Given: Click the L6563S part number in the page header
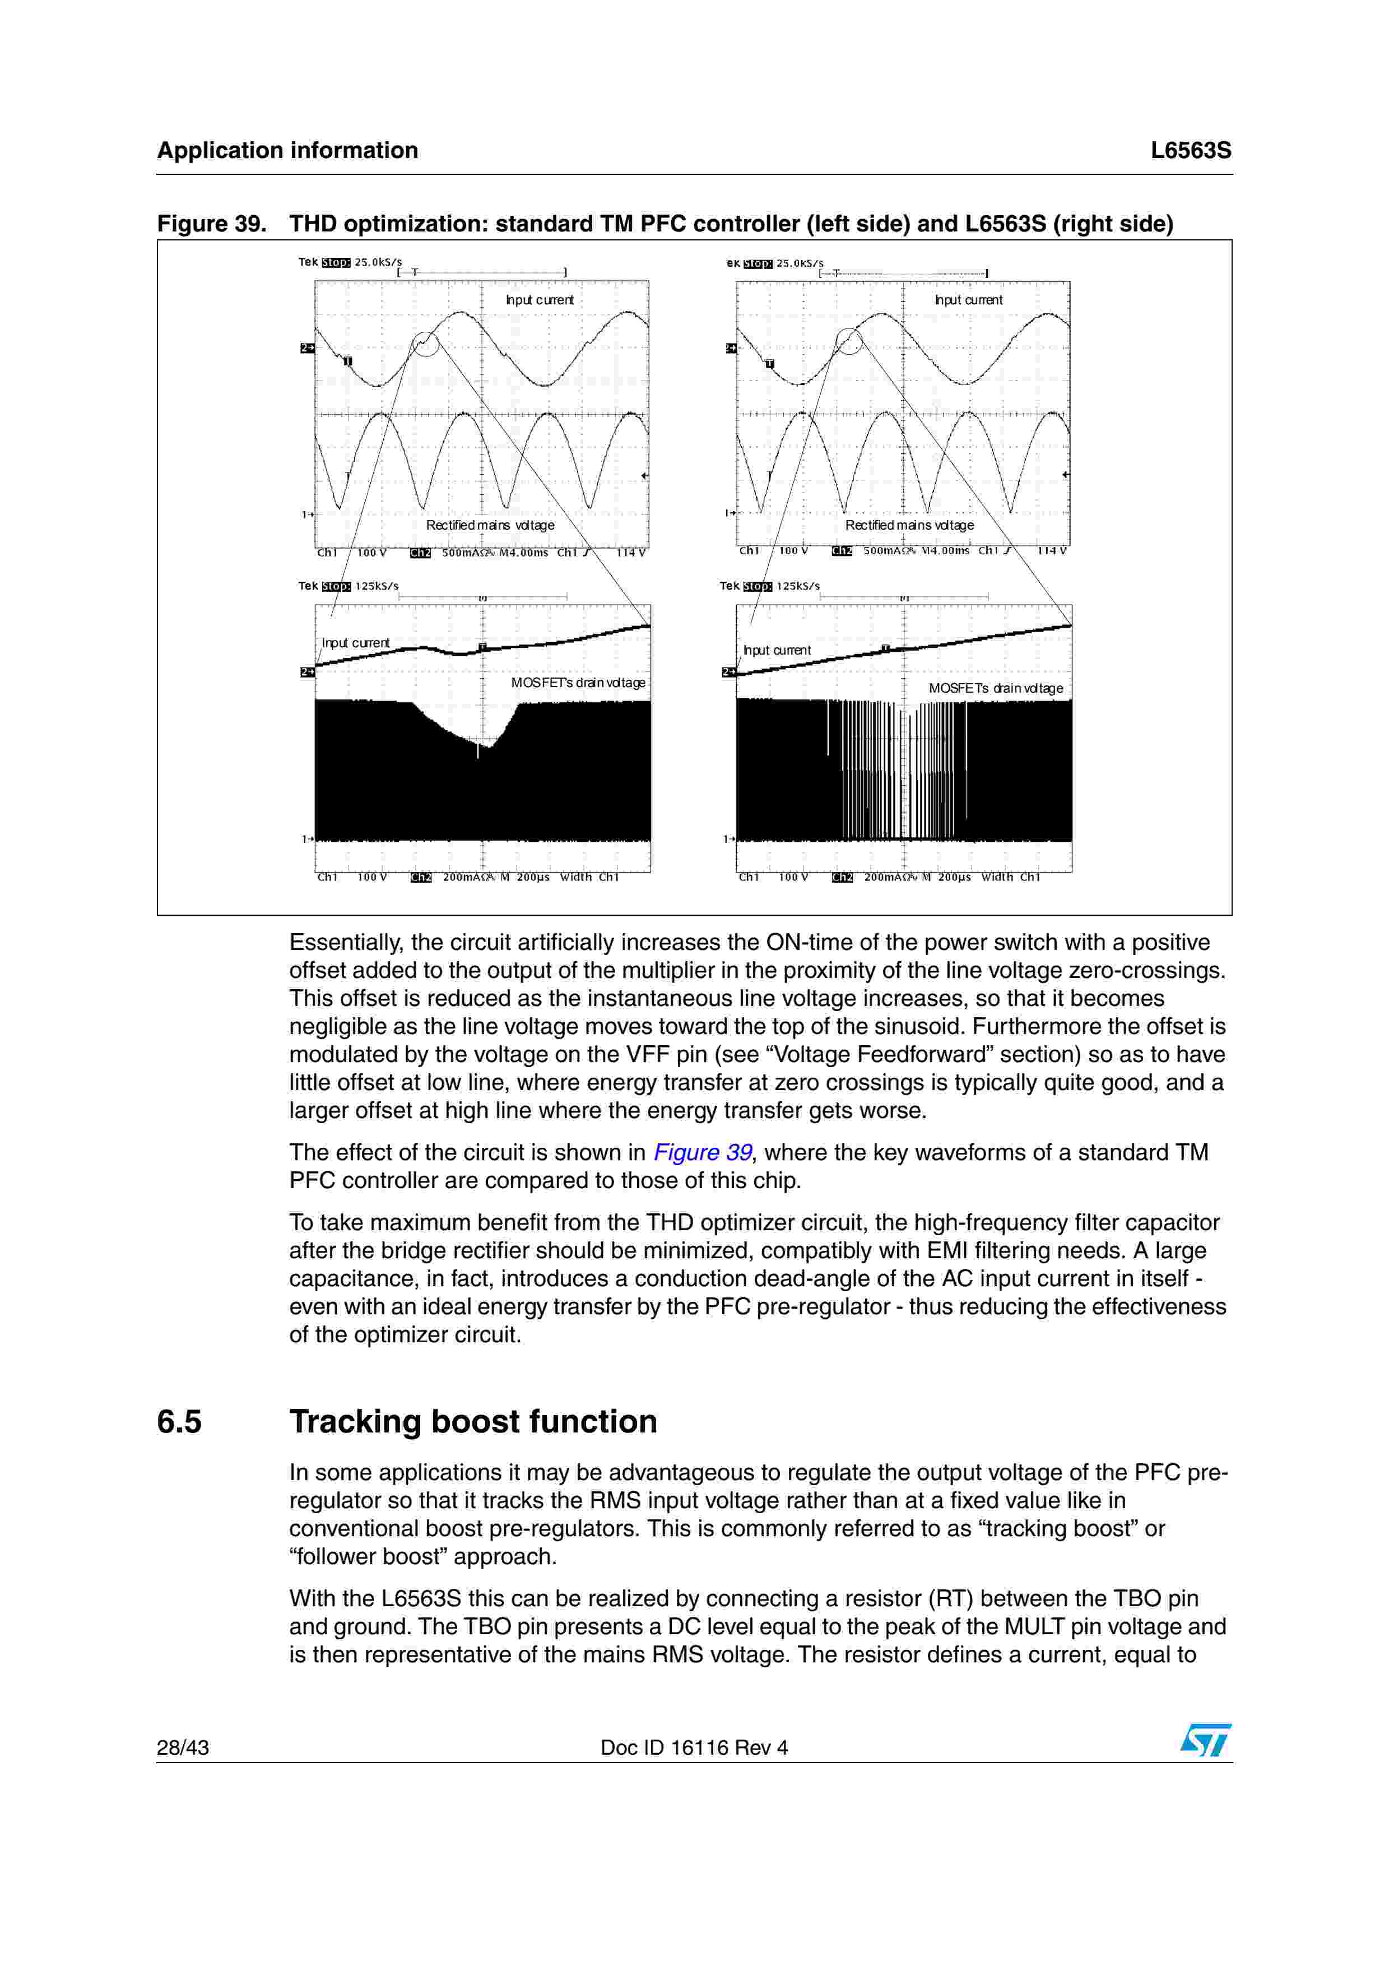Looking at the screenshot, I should [x=1191, y=151].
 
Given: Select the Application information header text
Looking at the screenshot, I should [x=287, y=151].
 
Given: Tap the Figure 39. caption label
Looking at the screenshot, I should [x=211, y=224].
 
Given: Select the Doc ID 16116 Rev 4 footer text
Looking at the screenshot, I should [x=694, y=1747].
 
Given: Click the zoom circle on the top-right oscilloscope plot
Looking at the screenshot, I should [x=848, y=341].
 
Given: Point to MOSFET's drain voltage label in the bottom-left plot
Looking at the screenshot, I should [x=578, y=683].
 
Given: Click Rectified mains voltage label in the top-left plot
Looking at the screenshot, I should [x=490, y=525].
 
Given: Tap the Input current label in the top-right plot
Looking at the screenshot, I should [x=968, y=300].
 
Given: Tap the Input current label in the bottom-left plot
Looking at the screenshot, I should [x=355, y=643].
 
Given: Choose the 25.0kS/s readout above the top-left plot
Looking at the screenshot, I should [x=378, y=262].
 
